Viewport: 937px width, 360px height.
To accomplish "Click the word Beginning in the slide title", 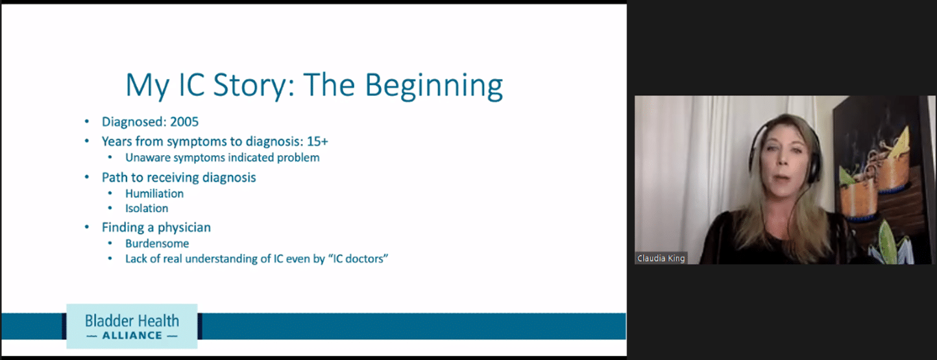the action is point(433,86).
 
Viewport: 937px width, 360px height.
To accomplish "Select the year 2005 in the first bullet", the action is point(184,122).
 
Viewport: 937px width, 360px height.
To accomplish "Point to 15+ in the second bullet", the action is point(317,141).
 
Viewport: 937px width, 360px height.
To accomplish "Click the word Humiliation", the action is point(154,193).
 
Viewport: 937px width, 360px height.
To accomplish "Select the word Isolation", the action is point(147,208).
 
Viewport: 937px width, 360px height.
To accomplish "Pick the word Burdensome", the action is point(157,243).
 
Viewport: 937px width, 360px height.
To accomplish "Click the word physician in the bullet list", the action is point(184,228).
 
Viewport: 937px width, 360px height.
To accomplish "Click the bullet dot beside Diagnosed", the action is point(87,122).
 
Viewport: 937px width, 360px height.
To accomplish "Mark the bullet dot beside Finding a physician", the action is point(87,227).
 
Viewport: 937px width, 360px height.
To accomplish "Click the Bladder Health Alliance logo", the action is point(132,326).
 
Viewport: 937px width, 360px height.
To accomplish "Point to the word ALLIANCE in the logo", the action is point(132,335).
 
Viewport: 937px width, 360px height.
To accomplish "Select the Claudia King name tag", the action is point(661,258).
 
